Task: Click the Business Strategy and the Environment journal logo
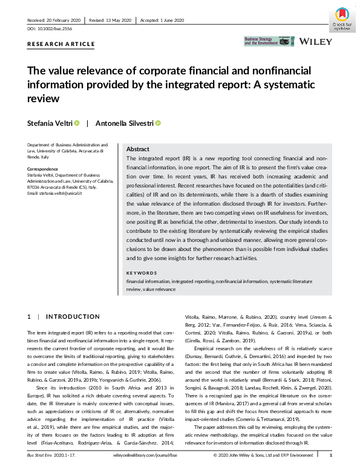pos(261,42)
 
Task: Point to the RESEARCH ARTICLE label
pos(61,44)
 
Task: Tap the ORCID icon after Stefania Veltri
pos(77,123)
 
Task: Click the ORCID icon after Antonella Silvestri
pos(158,123)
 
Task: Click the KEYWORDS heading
pos(143,273)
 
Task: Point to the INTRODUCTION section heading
pos(73,316)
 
